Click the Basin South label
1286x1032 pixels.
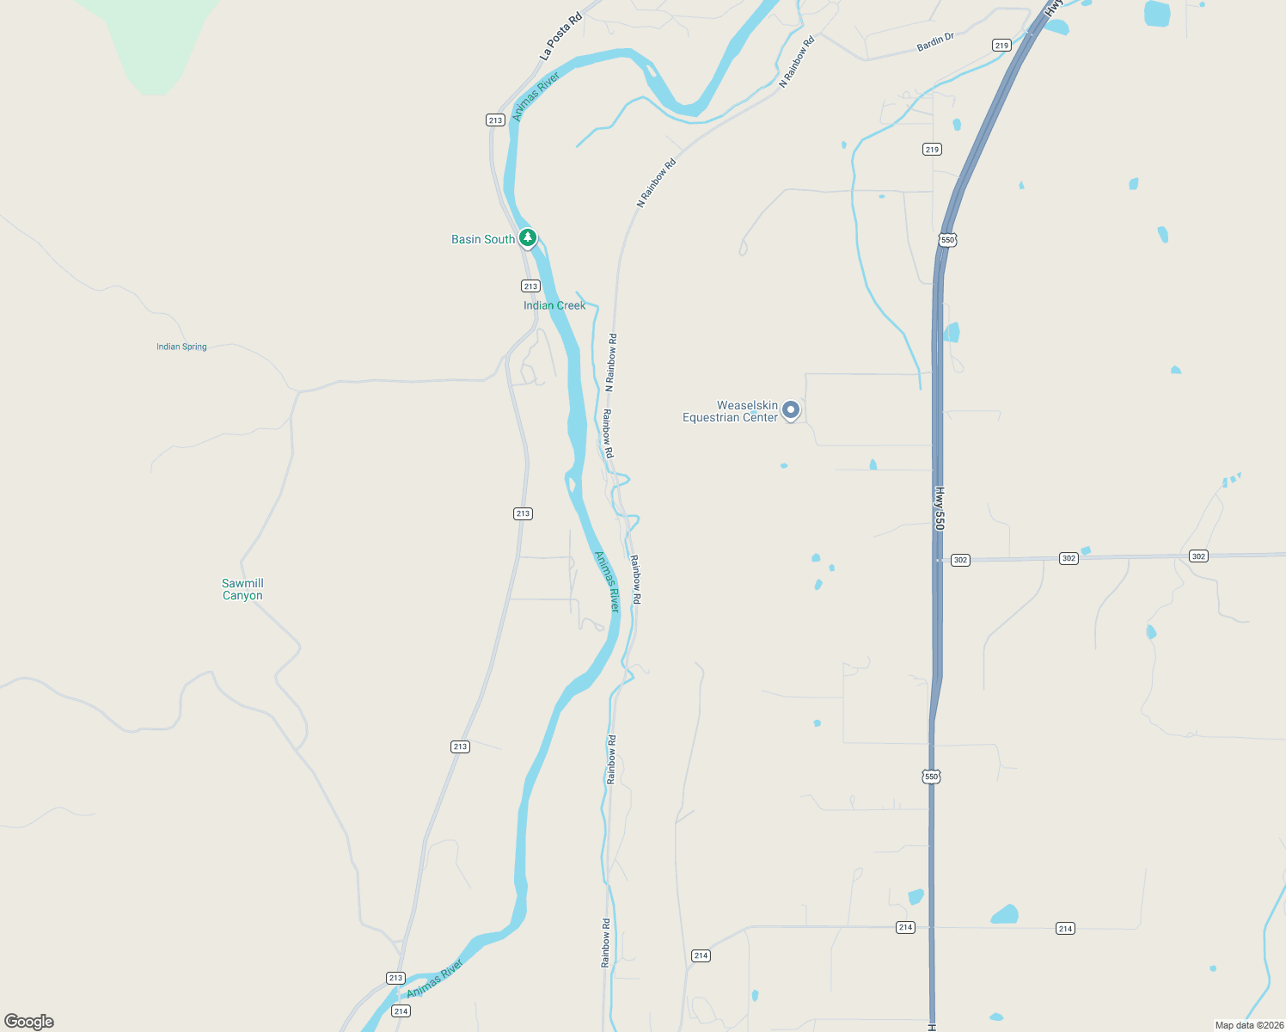(482, 239)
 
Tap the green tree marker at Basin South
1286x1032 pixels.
(528, 237)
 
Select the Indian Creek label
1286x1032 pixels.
(554, 305)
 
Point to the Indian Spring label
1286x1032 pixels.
(181, 347)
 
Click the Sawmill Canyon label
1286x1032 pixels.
(242, 589)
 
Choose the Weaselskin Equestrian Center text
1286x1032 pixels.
(731, 411)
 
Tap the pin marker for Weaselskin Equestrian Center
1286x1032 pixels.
(791, 410)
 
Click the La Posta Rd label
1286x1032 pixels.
(560, 36)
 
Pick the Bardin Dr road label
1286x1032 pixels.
(935, 42)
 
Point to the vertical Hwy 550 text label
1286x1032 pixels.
(940, 508)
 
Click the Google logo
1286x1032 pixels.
(29, 1022)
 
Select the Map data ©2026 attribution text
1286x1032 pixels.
(1249, 1025)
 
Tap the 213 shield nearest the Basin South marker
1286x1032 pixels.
(530, 286)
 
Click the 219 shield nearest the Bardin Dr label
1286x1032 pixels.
(1001, 46)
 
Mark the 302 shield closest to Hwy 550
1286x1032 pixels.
(960, 560)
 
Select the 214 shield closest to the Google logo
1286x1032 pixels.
(401, 1010)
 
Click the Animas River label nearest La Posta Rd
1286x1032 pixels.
(536, 96)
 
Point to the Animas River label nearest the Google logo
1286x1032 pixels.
(435, 979)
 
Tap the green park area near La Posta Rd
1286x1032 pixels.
(155, 43)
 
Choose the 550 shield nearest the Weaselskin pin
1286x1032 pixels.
(947, 240)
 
